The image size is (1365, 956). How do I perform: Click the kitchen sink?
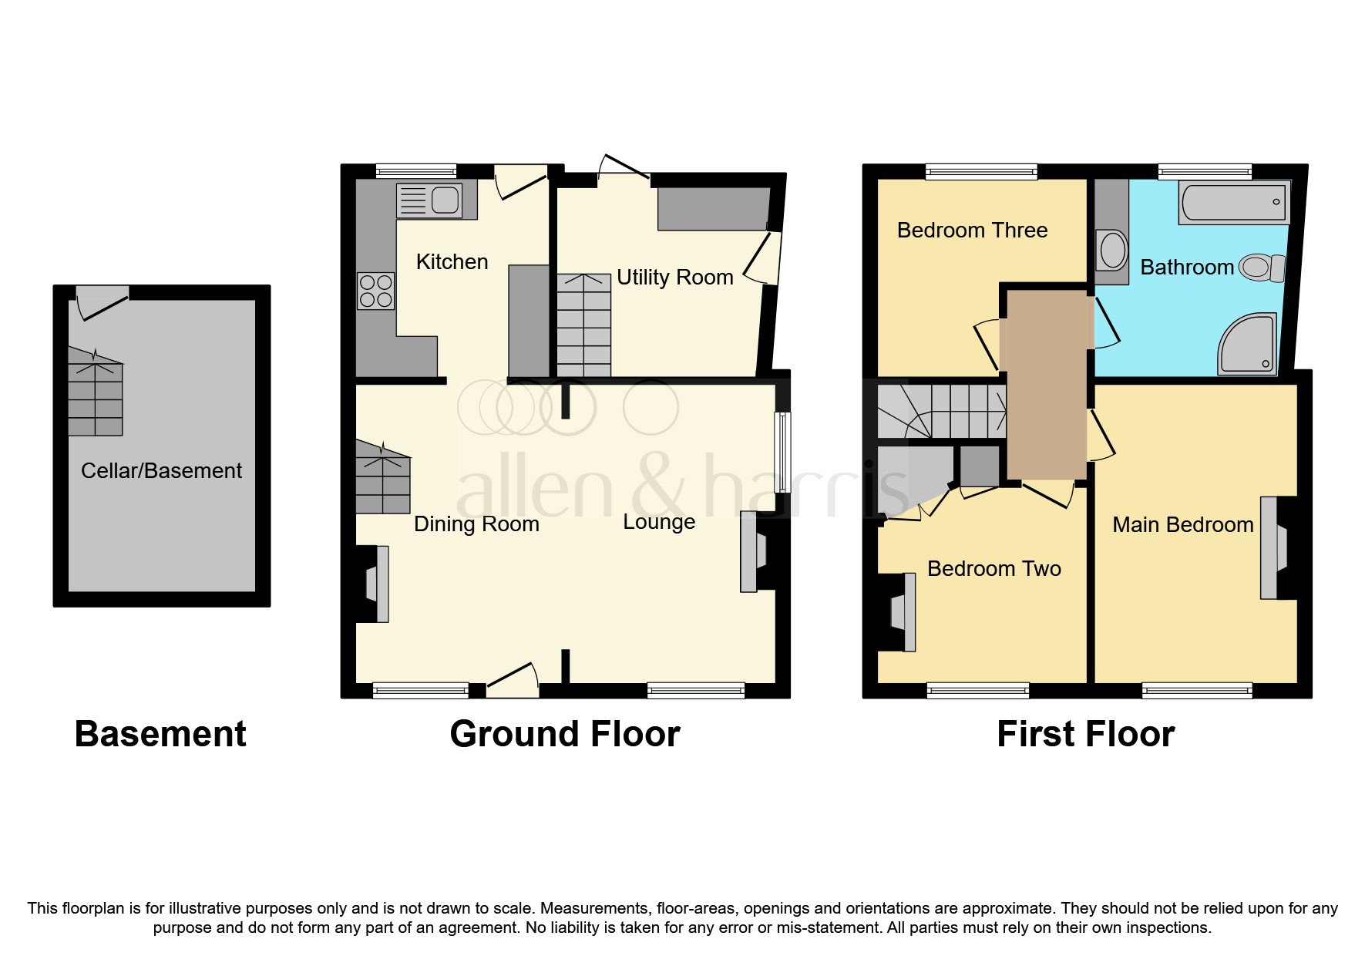click(429, 200)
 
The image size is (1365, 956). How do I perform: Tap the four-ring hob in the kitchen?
click(376, 291)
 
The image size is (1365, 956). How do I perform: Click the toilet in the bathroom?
click(1261, 268)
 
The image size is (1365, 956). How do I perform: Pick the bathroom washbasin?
click(1112, 250)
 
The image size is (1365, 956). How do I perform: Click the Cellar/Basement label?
click(161, 470)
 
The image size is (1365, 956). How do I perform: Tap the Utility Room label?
click(674, 277)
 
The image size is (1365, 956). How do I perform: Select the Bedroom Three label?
click(972, 230)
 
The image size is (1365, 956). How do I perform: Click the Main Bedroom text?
click(1182, 524)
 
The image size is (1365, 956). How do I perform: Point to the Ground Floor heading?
click(564, 733)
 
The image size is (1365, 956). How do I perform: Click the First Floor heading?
click(1085, 733)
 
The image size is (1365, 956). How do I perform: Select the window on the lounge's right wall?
click(783, 452)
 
